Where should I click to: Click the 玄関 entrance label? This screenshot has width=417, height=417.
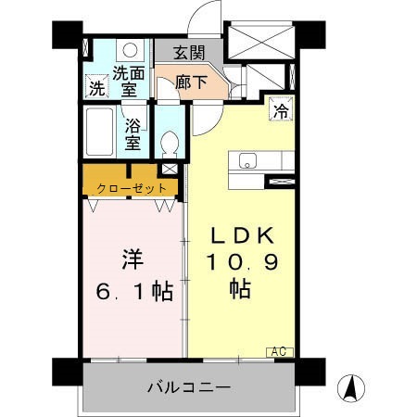192,52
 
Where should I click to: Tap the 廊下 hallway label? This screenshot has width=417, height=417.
189,82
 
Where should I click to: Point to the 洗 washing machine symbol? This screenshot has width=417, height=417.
96,89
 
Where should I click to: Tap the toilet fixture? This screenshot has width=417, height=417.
169,141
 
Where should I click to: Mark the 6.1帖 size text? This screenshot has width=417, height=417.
133,293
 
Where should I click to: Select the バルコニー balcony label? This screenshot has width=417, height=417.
189,386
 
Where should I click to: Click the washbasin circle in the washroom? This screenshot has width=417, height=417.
132,50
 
